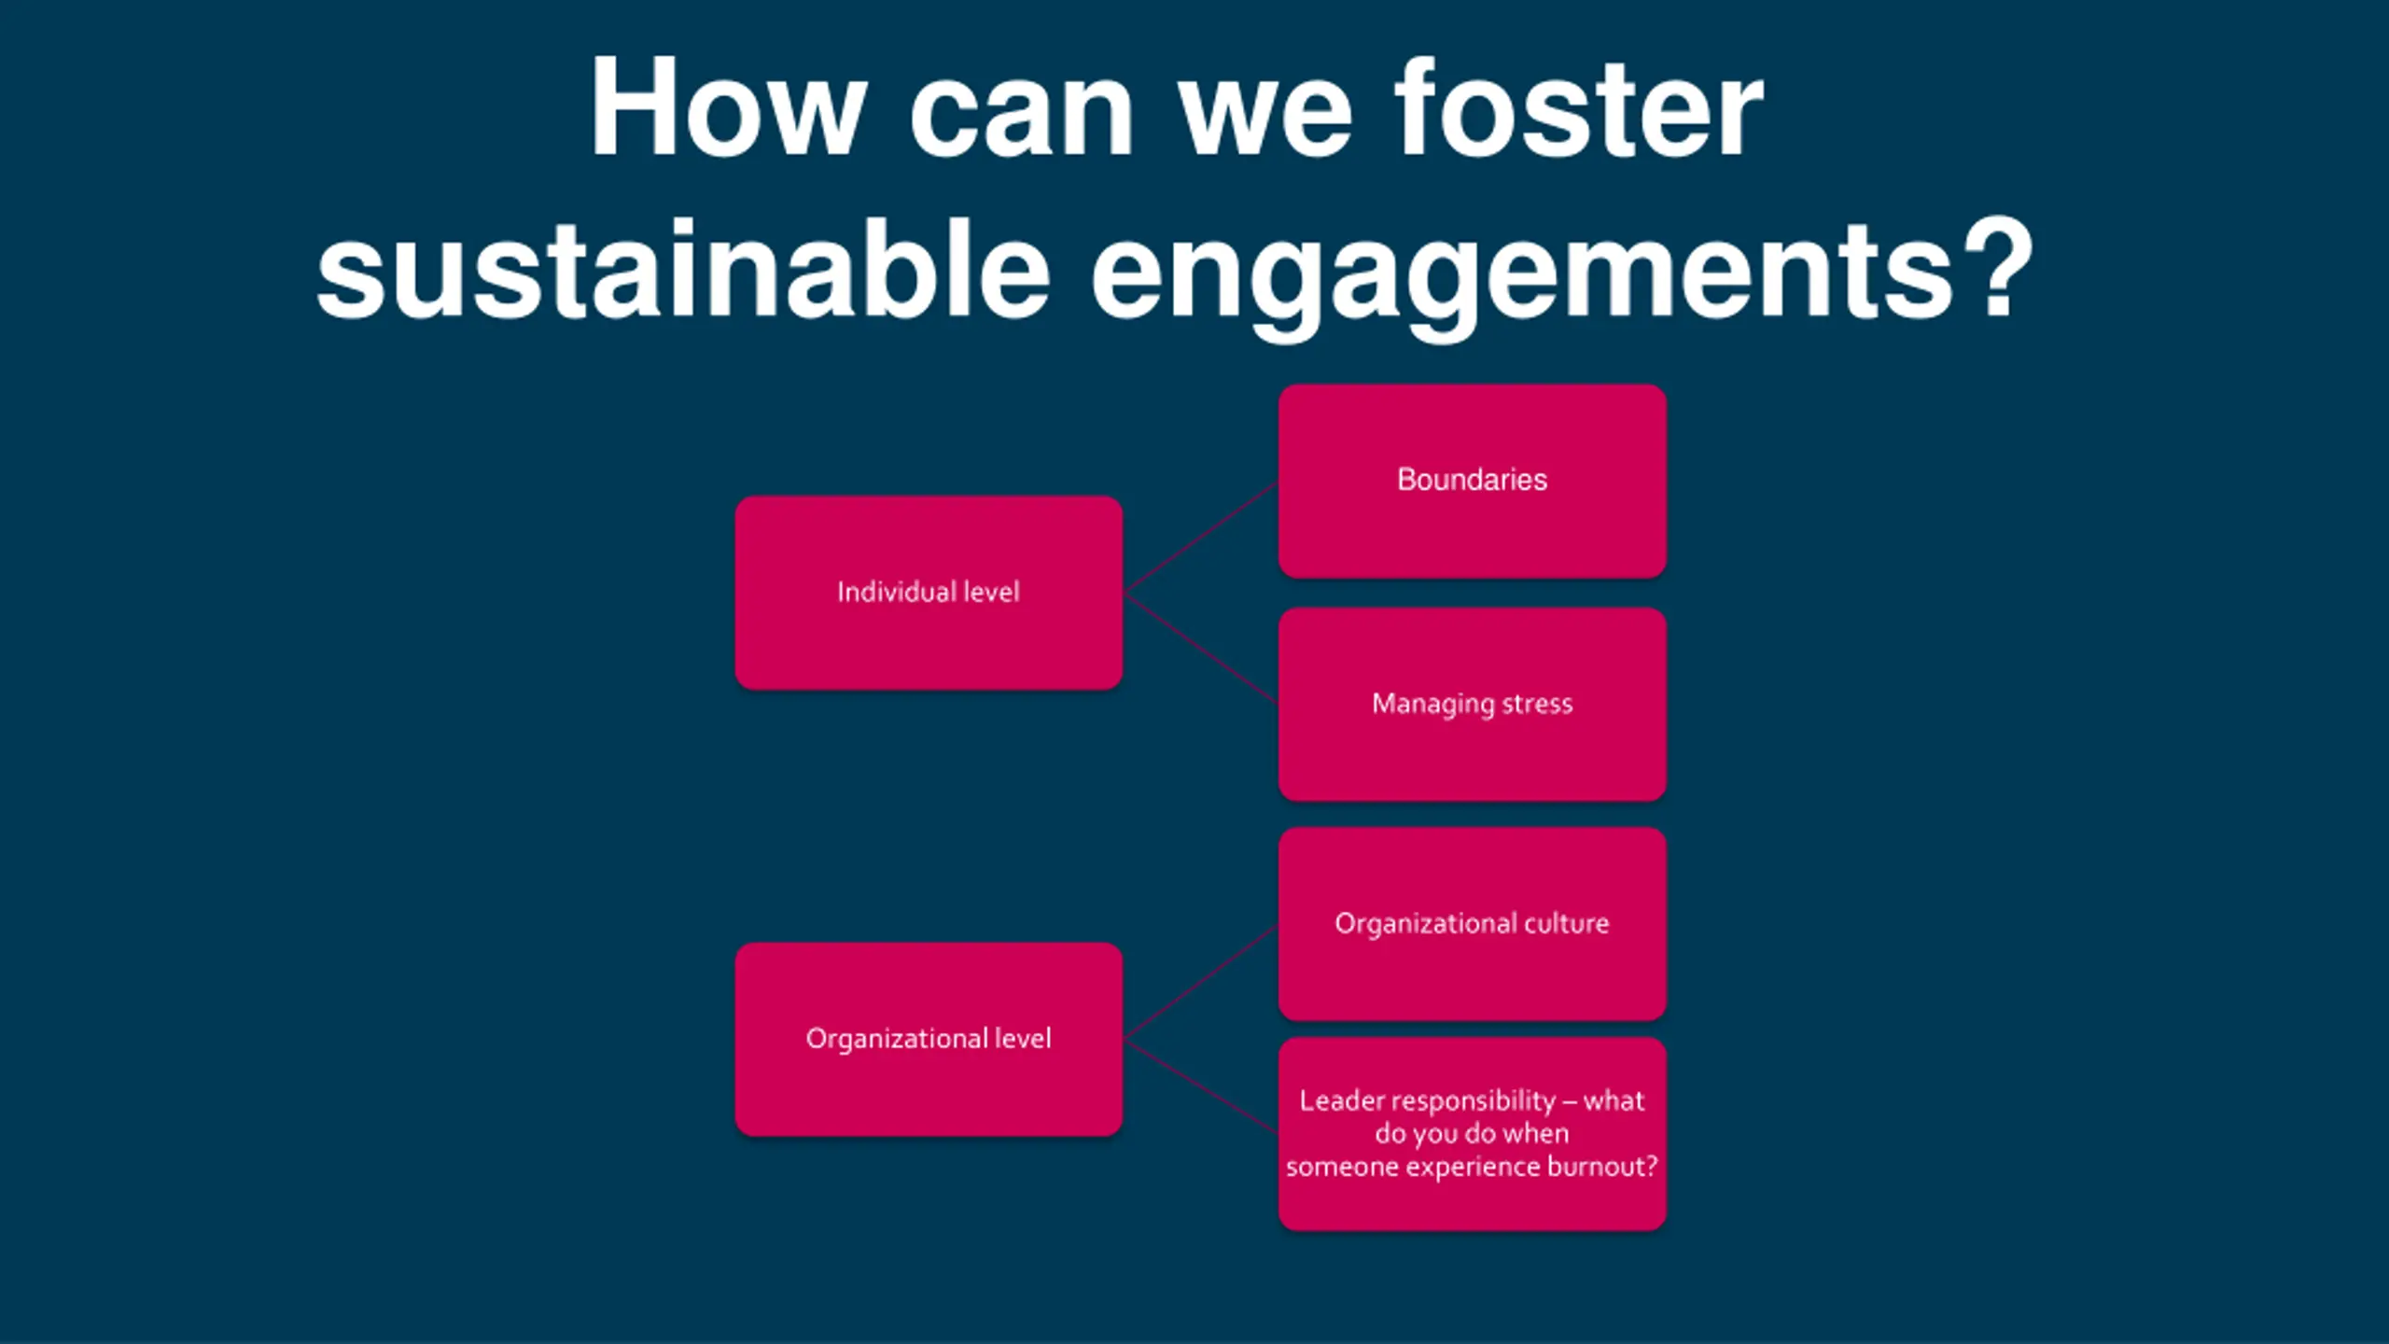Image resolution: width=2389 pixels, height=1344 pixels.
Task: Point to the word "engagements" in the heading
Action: click(1521, 271)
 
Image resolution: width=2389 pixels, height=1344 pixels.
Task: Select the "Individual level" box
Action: click(929, 635)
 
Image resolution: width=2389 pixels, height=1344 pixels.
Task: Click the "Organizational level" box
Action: click(929, 1083)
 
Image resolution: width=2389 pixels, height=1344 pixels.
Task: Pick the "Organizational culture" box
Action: click(1472, 971)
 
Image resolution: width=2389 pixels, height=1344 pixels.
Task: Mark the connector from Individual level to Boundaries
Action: click(1201, 538)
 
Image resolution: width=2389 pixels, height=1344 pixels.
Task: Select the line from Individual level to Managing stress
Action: click(1201, 648)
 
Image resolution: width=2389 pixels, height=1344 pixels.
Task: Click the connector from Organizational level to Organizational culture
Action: click(1201, 982)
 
